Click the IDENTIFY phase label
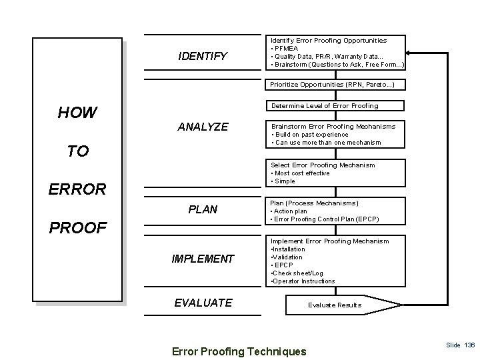coord(203,56)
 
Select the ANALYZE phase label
coord(203,127)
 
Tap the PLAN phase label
coord(203,209)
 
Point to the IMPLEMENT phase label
coord(203,259)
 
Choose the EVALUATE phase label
coord(203,303)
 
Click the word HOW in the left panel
coord(77,113)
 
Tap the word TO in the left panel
coord(77,151)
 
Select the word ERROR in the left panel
coord(77,189)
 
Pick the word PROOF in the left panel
coord(77,228)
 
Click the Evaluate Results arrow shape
coord(335,305)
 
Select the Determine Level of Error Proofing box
coord(324,105)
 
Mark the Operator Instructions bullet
coord(302,281)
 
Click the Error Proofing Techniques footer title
coord(239,351)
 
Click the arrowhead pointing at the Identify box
coord(411,54)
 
